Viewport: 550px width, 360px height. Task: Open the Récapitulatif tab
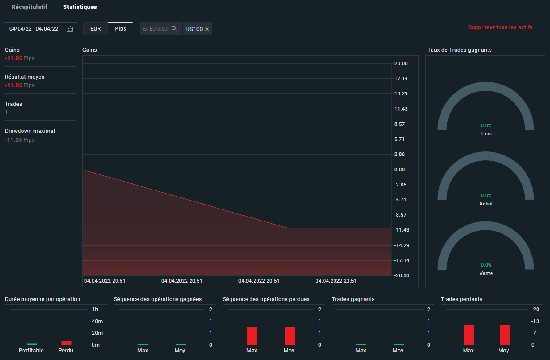[x=29, y=7]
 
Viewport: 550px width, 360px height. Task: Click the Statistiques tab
[x=80, y=7]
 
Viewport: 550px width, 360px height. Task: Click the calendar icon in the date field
[x=70, y=29]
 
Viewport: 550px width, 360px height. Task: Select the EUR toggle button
[x=96, y=29]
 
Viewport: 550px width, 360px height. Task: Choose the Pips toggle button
[x=120, y=29]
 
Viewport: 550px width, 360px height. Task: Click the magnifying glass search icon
[x=174, y=28]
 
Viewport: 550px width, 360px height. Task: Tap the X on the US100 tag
[x=207, y=29]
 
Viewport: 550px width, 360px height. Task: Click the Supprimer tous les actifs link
[x=500, y=27]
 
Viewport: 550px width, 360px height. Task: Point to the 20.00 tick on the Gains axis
[x=401, y=63]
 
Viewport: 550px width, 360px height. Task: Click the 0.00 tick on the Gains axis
[x=399, y=170]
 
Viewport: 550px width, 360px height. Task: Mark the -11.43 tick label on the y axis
[x=402, y=230]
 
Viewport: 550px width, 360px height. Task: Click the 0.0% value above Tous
[x=486, y=125]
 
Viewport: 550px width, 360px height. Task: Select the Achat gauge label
[x=486, y=204]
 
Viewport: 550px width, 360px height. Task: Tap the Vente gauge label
[x=486, y=273]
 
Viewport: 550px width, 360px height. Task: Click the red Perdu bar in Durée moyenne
[x=66, y=343]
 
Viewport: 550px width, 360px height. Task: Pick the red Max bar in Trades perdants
[x=469, y=335]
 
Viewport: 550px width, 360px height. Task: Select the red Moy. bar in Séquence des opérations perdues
[x=290, y=336]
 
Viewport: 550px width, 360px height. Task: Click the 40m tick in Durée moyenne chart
[x=97, y=321]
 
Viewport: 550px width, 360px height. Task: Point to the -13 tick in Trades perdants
[x=535, y=321]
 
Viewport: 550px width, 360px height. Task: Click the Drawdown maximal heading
[x=30, y=131]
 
